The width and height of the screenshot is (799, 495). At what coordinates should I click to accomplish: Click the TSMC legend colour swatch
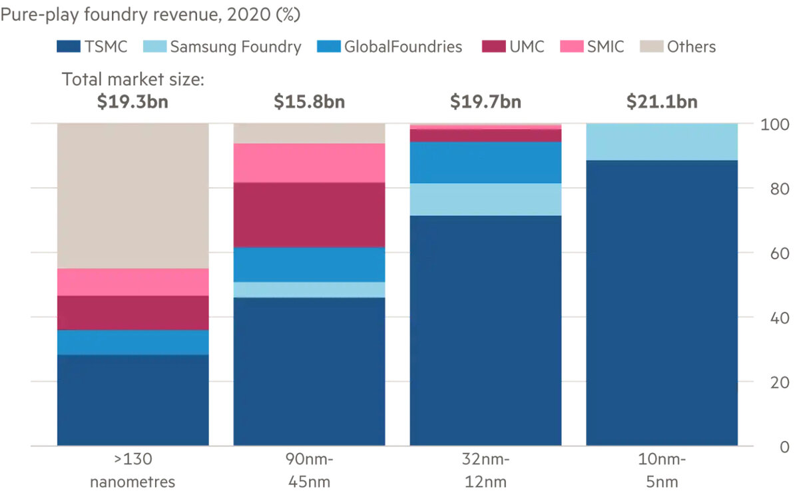pos(68,47)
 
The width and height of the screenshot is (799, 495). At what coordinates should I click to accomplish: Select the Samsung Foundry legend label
pos(236,47)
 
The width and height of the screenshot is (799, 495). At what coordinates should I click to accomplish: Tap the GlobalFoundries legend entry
pos(403,47)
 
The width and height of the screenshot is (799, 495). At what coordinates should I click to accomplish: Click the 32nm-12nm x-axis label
pos(485,470)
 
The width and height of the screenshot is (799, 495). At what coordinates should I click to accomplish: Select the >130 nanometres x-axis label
pos(133,470)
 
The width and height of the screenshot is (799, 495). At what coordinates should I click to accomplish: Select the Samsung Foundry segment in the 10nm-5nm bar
pos(662,142)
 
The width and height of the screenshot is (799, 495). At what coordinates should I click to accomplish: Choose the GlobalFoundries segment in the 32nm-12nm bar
pos(485,162)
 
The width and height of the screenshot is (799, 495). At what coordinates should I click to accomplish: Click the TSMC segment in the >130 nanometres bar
pos(133,400)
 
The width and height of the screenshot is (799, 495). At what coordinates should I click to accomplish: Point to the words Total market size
pos(133,80)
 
